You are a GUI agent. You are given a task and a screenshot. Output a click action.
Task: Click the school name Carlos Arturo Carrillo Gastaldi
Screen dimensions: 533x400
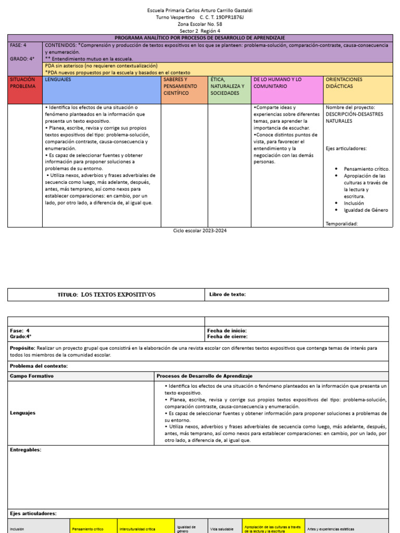tap(201, 10)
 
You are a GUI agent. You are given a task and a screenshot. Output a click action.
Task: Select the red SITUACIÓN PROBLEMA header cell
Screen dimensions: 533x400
tap(24, 90)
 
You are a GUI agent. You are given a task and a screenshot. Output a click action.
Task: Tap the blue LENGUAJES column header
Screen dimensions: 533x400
tap(101, 90)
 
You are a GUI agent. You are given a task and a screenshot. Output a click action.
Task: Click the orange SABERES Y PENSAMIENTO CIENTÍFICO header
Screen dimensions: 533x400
tap(184, 90)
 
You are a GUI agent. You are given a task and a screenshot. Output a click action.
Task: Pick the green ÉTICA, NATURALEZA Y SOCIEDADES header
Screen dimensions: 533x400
tap(229, 90)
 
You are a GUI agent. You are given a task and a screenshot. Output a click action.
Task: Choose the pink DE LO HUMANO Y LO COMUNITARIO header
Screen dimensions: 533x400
tap(287, 90)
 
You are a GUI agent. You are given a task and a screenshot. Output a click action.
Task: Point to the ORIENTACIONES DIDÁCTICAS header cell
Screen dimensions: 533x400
tap(358, 90)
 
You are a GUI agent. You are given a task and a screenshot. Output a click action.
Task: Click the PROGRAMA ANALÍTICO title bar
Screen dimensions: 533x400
tap(199, 38)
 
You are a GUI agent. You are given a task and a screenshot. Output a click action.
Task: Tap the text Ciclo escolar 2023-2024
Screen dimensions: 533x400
tap(200, 231)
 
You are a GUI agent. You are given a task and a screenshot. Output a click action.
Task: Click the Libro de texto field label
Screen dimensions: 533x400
tap(227, 295)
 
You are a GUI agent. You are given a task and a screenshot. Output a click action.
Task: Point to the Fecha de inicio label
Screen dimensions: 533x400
tap(227, 331)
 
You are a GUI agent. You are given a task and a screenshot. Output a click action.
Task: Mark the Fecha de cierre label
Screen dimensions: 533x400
tap(227, 337)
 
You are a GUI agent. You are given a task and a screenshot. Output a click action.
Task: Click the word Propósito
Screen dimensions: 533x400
tap(22, 348)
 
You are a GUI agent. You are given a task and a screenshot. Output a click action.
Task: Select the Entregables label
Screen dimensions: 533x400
tap(26, 450)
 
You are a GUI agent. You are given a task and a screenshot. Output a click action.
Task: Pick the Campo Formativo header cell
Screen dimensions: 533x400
tap(32, 376)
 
